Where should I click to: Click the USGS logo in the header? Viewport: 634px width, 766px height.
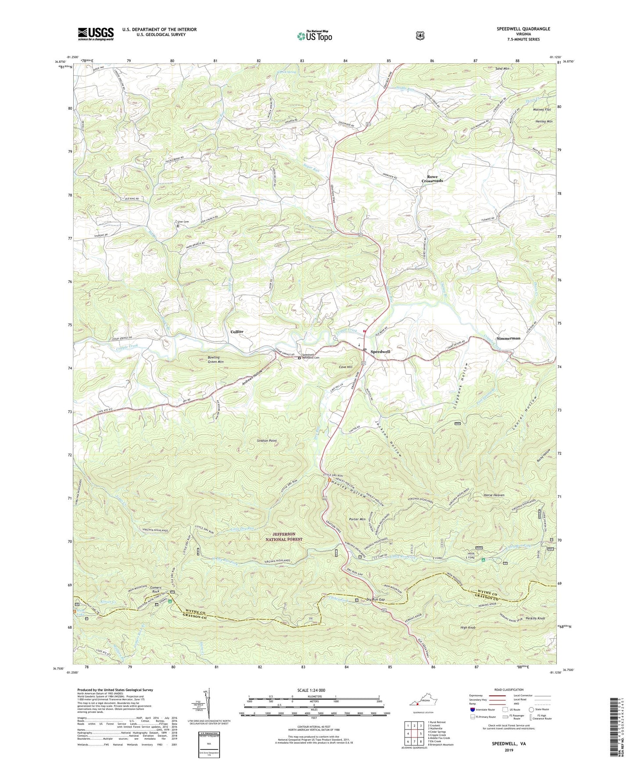coord(96,34)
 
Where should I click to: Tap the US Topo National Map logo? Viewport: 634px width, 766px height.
coord(314,36)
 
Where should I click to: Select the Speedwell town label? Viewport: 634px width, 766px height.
coord(380,352)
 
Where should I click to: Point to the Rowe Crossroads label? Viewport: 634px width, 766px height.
coord(432,179)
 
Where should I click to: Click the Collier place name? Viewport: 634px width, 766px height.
coord(237,332)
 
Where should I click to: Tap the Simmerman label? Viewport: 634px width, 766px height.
coord(508,338)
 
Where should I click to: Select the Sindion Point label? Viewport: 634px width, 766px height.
coord(267,440)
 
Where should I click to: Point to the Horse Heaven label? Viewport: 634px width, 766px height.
coord(494,495)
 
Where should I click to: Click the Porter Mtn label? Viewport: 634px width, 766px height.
coord(357,519)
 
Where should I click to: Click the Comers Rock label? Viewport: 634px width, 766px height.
coord(156,590)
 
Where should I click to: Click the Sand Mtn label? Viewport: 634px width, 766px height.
coord(502,69)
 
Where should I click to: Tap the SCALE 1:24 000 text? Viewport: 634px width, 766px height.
coord(311,691)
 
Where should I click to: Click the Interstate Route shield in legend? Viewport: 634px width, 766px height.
coord(472,709)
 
